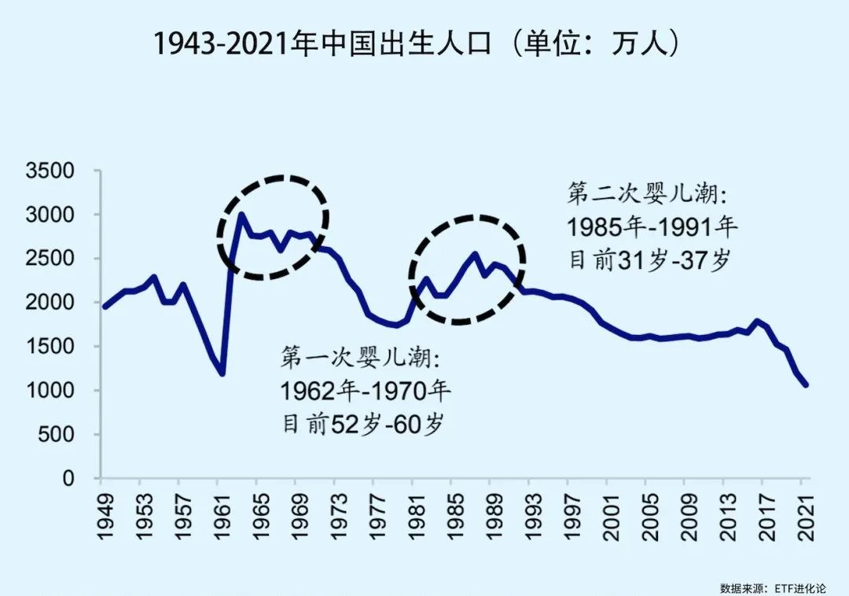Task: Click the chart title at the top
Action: point(417,45)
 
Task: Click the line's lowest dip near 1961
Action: point(222,374)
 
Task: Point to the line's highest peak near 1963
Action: point(241,215)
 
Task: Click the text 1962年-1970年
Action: point(366,391)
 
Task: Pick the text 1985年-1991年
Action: point(652,227)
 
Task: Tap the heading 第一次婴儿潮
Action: point(362,358)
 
